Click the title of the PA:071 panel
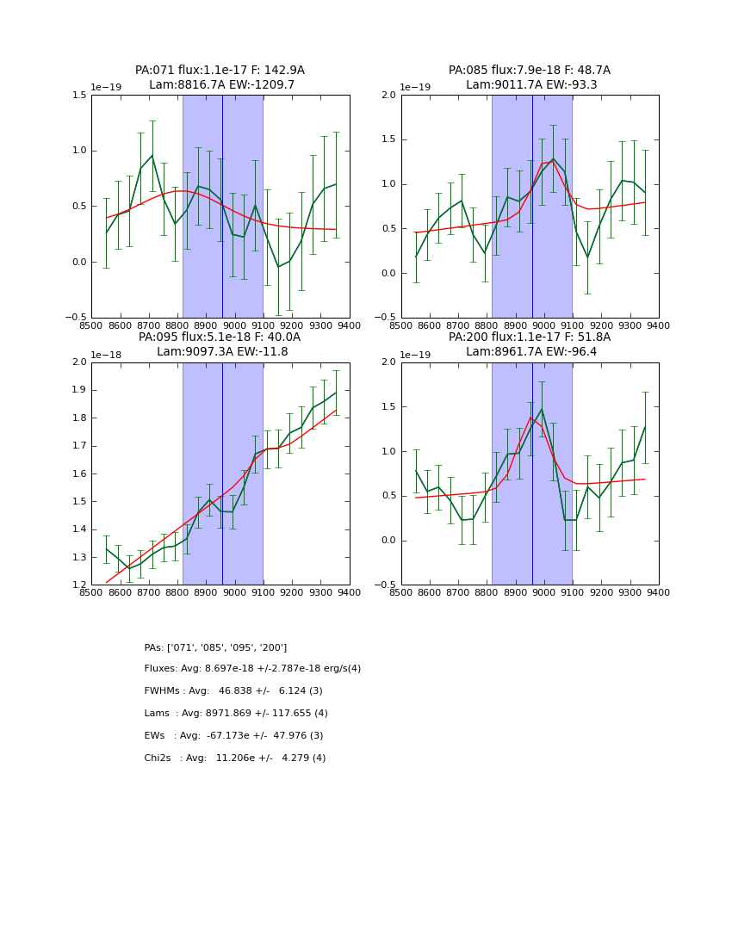220,77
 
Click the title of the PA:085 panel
529,77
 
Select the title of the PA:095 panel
220,344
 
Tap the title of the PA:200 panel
529,344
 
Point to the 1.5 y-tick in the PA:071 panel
78,96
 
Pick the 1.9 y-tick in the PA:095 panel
78,390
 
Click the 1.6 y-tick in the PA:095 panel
78,473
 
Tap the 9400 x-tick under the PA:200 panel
659,592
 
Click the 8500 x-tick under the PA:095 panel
91,592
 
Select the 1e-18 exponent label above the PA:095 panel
106,355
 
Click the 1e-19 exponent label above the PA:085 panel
415,88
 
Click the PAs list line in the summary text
215,647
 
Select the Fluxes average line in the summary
252,669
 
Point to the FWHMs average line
233,691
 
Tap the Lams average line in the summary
236,714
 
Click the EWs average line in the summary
233,736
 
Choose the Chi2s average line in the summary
234,758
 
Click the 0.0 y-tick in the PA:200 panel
388,541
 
